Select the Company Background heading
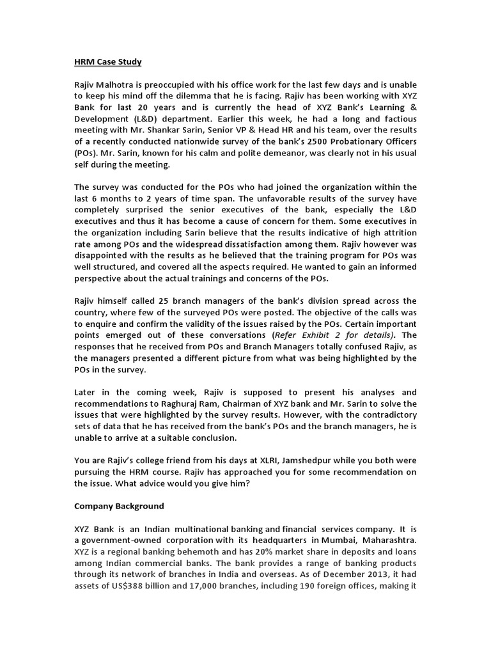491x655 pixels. pos(119,506)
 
